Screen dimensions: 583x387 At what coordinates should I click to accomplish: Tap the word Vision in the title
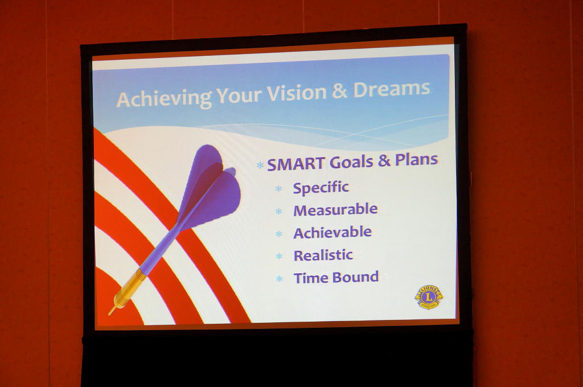point(296,93)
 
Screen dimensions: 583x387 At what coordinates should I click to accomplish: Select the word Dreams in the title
point(392,89)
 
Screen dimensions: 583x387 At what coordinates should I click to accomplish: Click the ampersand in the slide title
point(339,92)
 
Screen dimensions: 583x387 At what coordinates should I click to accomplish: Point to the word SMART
point(296,164)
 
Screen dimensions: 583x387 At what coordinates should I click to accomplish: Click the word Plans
point(416,160)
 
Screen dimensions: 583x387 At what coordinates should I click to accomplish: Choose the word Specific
point(321,188)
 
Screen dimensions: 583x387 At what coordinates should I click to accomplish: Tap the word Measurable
point(335,209)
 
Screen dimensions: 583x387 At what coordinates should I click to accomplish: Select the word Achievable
point(332,233)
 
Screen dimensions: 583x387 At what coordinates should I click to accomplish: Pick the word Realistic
point(323,256)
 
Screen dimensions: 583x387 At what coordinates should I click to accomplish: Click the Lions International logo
point(429,297)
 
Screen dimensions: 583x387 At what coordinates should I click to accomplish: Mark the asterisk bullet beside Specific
point(278,188)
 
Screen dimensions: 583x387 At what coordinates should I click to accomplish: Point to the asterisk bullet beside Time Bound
point(279,278)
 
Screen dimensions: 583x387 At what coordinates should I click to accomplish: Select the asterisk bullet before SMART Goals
point(260,165)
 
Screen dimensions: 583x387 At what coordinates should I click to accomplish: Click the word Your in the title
point(239,96)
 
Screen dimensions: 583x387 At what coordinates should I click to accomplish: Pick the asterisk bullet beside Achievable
point(278,234)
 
